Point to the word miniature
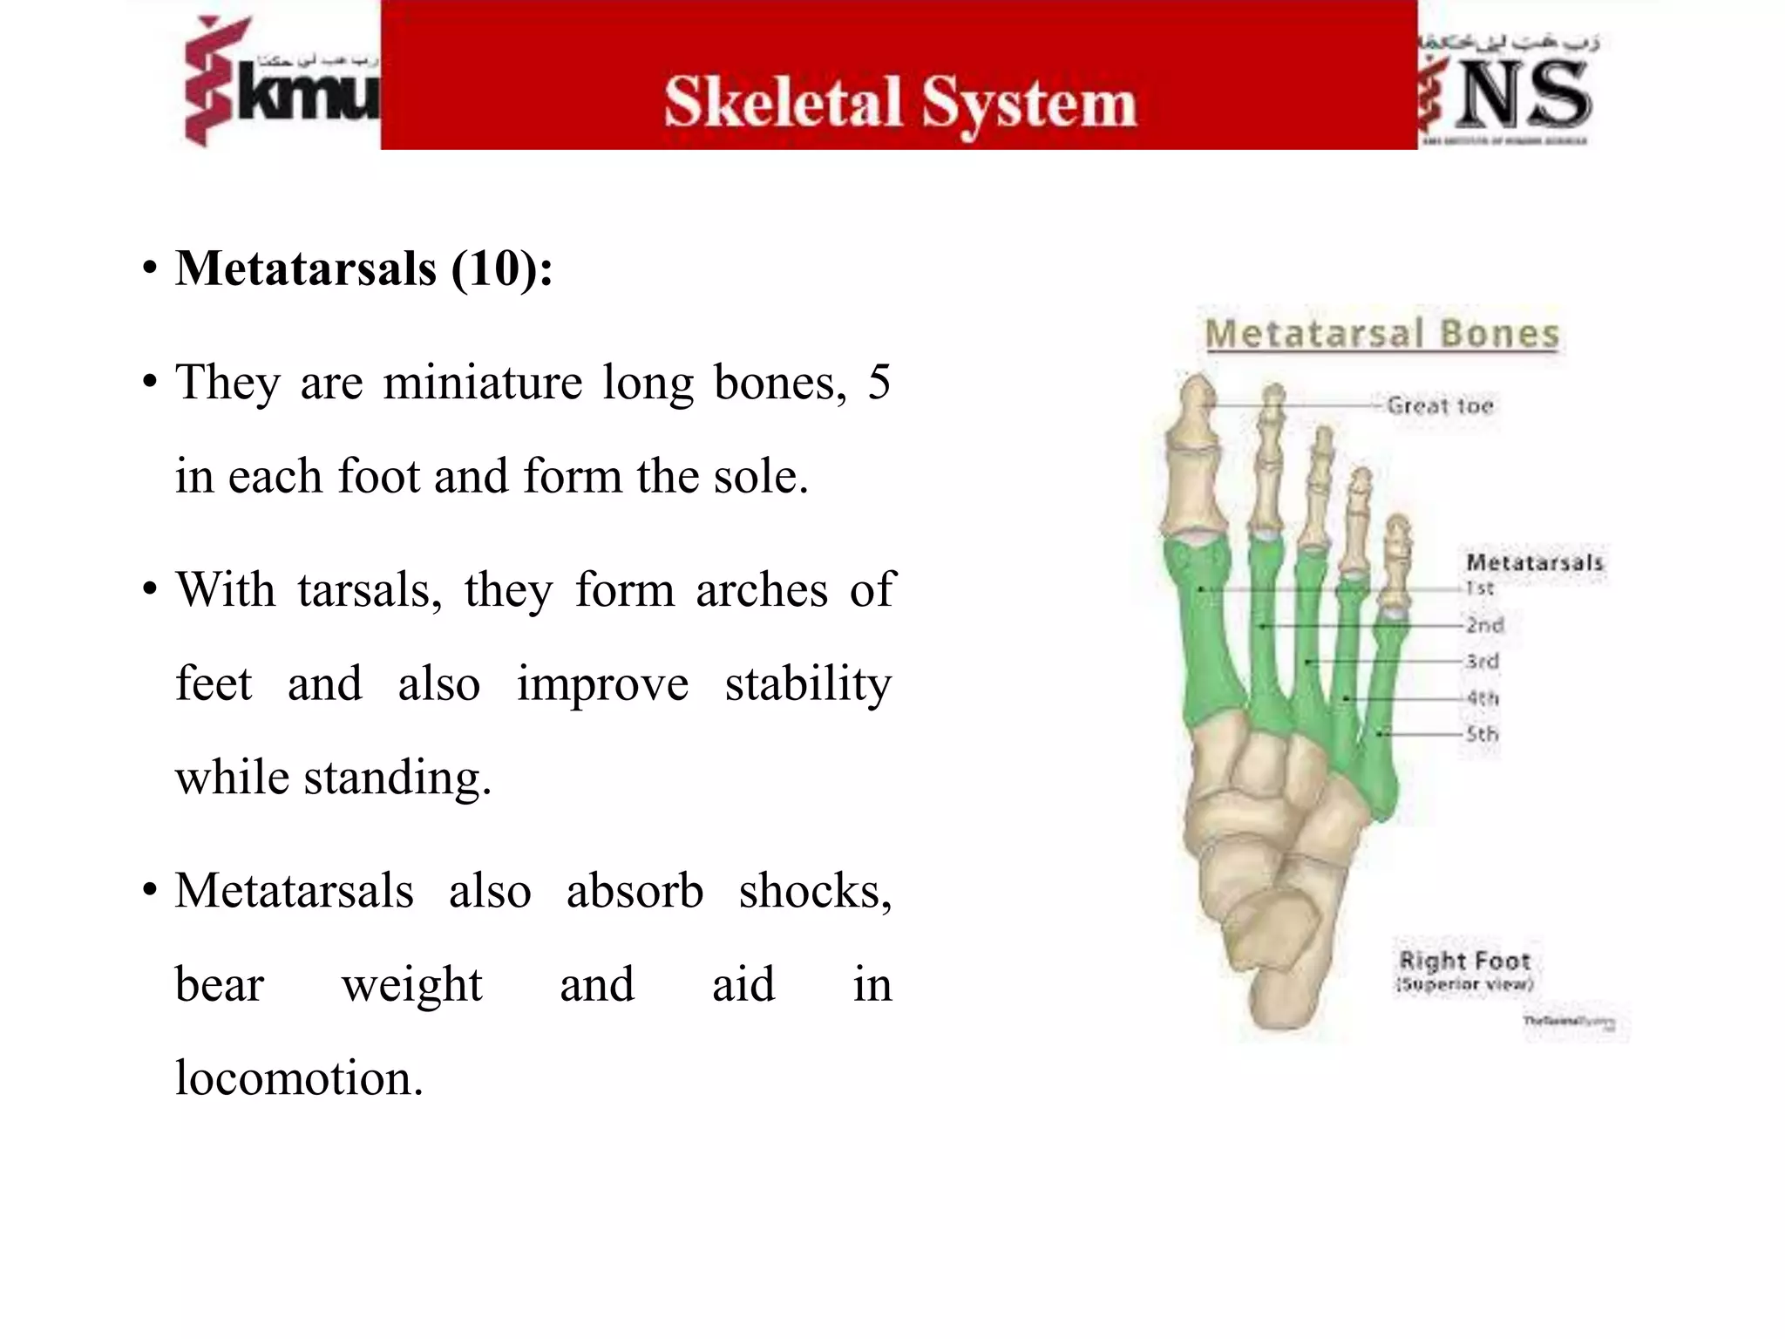tap(483, 382)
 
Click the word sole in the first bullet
tap(760, 477)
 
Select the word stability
tap(808, 683)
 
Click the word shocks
tap(815, 891)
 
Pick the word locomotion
tap(298, 1078)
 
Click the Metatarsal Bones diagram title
tap(1381, 334)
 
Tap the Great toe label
tap(1440, 405)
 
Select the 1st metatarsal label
tap(1479, 588)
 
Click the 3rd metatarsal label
tap(1482, 661)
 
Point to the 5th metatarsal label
tap(1482, 734)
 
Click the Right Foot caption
tap(1464, 962)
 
